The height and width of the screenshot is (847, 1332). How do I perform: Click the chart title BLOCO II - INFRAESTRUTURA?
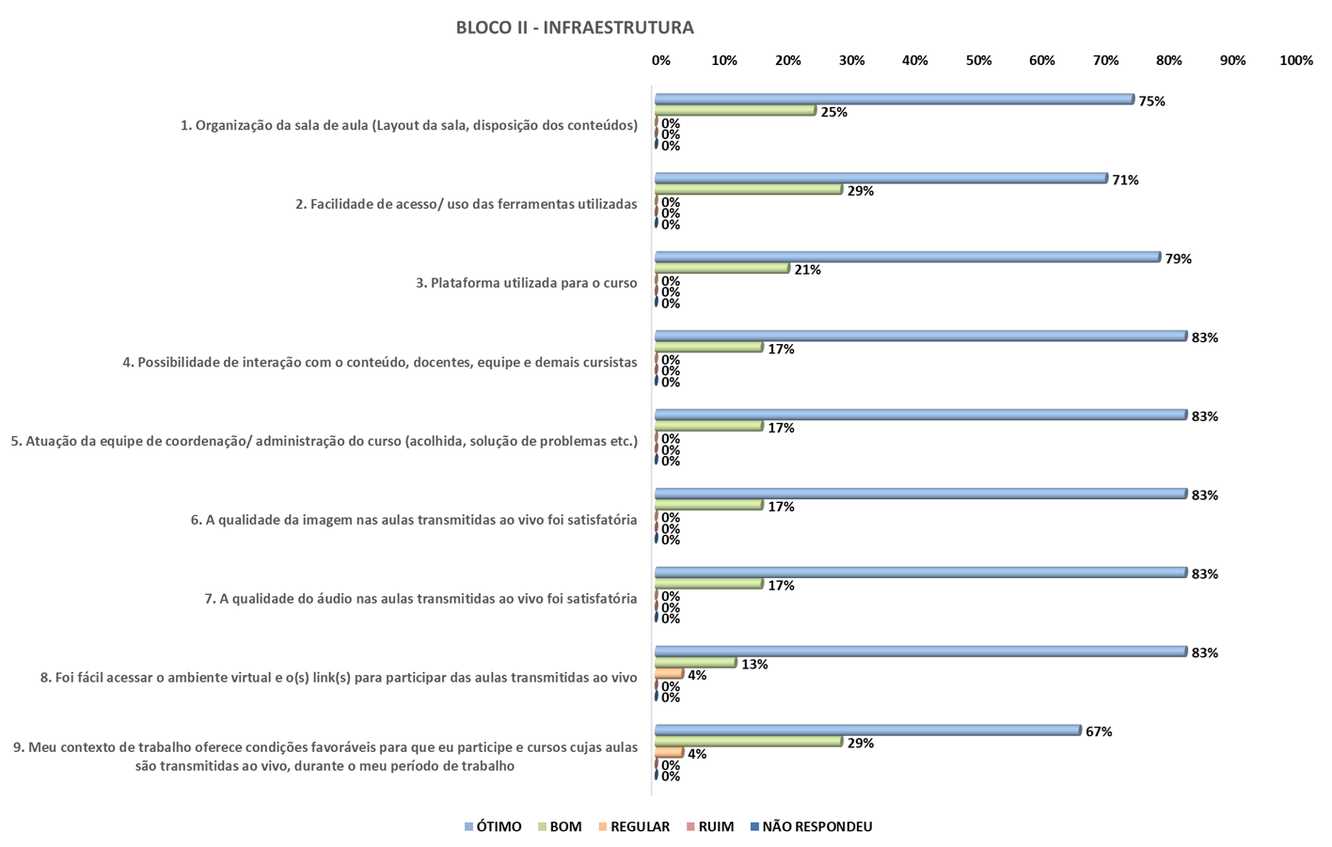tap(575, 27)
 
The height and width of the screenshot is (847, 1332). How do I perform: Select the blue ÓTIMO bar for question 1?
tap(894, 99)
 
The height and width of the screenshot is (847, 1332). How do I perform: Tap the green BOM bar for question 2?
tap(748, 189)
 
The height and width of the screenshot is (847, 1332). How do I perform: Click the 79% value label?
tap(1178, 259)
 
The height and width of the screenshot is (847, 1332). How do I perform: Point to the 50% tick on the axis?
tap(978, 60)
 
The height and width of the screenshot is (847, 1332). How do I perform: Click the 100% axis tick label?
tap(1295, 60)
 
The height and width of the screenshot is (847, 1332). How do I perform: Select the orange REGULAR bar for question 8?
tap(669, 674)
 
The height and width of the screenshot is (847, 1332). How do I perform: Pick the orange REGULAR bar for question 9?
tap(669, 752)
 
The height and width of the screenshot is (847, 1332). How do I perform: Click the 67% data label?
tap(1099, 731)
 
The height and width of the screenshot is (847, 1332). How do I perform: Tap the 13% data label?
tap(754, 664)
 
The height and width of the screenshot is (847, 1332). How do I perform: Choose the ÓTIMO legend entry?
tap(492, 826)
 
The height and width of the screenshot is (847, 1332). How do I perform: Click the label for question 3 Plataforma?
tap(527, 283)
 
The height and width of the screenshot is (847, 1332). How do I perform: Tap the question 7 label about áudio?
tap(420, 598)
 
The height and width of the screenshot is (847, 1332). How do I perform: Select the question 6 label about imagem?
tap(414, 519)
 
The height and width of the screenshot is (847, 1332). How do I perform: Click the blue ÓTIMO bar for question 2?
tap(880, 178)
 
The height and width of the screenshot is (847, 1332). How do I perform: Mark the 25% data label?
tap(833, 112)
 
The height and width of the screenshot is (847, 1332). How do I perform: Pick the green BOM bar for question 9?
tap(748, 741)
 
